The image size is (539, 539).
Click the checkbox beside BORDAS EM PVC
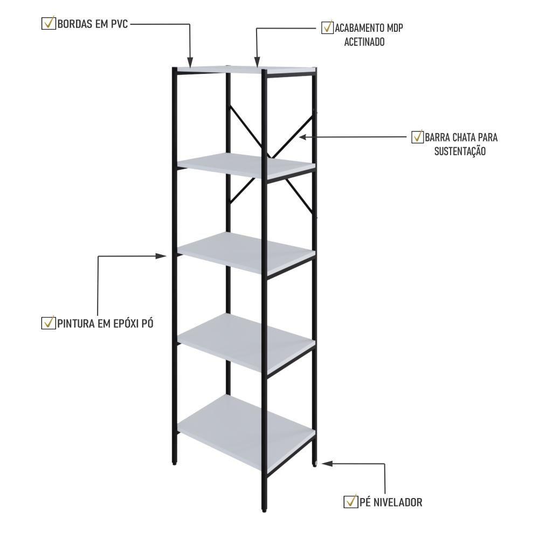coord(48,23)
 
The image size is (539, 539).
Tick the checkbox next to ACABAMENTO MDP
coord(327,27)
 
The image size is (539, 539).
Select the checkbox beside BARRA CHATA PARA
coord(417,137)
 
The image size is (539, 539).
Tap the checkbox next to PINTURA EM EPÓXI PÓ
coord(48,323)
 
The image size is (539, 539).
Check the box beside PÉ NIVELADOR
coord(351,501)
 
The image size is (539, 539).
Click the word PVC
coord(119,24)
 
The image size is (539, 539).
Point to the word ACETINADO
coord(364,42)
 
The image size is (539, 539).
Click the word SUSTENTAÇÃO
coord(460,151)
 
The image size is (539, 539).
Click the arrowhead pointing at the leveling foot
coord(327,464)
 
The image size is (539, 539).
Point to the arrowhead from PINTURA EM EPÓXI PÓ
coord(161,255)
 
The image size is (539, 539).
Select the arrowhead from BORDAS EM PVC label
coord(190,62)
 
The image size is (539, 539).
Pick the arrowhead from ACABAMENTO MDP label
coord(257,62)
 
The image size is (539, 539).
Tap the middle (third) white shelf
coord(246,253)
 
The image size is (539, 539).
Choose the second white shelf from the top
coord(246,165)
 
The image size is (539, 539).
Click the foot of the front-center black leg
coord(264,510)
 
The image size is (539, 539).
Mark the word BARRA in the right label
coord(437,137)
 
